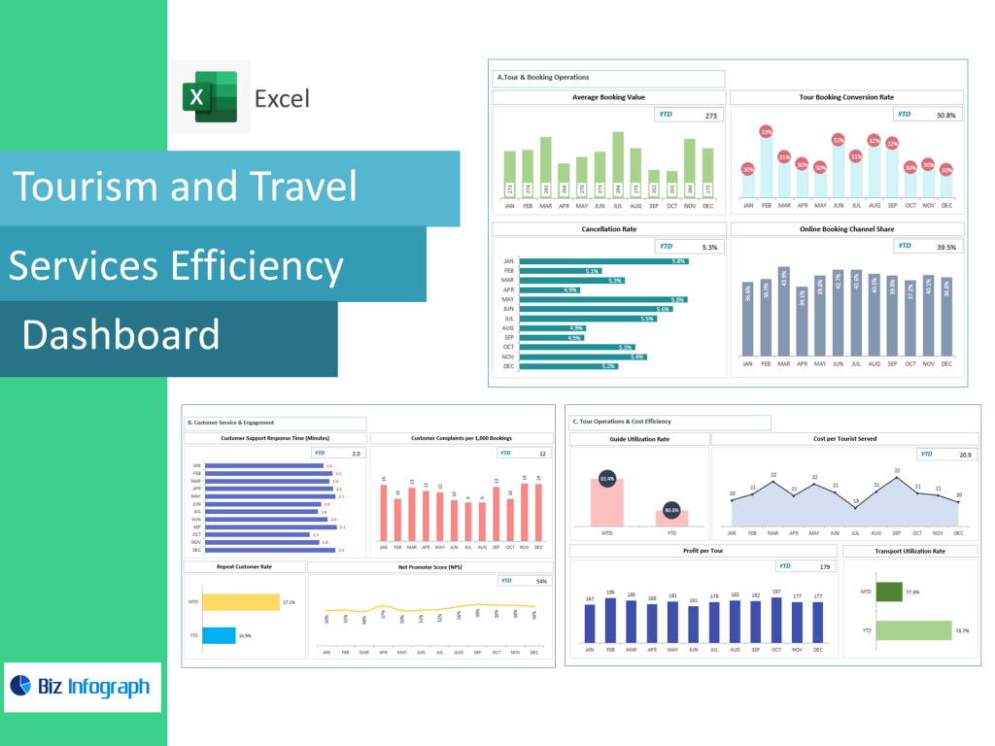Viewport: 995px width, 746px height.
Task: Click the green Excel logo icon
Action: (211, 96)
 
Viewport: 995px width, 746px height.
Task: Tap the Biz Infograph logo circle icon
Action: (21, 686)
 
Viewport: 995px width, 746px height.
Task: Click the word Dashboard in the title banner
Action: (120, 335)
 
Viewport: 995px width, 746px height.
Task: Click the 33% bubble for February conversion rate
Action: (766, 132)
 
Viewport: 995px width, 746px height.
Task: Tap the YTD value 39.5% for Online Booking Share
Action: (945, 247)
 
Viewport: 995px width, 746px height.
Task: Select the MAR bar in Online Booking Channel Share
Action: (784, 311)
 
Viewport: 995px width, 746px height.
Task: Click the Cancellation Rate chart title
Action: (608, 229)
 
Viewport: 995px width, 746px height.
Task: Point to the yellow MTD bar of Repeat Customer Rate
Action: (240, 602)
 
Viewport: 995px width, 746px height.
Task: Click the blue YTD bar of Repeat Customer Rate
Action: (219, 635)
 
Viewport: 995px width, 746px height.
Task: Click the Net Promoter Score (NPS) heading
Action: (429, 566)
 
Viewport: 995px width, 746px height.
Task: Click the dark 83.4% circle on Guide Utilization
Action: (607, 479)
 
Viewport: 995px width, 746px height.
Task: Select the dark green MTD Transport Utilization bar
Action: (889, 592)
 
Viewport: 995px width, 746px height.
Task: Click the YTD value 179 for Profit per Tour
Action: (825, 566)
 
